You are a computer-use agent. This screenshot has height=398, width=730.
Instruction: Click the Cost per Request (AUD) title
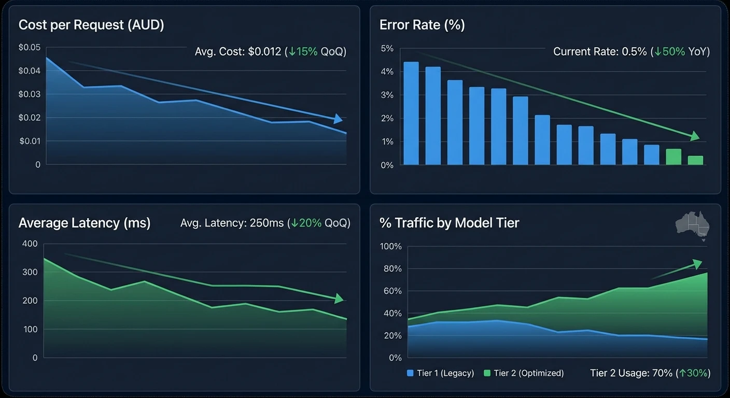click(91, 25)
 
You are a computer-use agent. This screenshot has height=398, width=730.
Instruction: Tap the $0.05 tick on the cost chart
click(29, 48)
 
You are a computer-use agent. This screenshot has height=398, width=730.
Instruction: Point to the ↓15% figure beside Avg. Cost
click(303, 52)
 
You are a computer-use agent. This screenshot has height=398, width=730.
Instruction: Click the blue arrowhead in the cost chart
click(338, 119)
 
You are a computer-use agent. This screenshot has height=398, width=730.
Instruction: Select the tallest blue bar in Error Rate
click(411, 113)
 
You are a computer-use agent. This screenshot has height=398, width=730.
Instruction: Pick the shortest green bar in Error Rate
click(695, 160)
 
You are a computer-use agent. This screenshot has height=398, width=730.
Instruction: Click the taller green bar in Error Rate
click(673, 157)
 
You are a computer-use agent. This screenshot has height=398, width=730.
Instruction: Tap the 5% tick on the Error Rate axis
click(387, 49)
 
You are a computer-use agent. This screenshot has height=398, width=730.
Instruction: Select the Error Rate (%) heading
click(422, 25)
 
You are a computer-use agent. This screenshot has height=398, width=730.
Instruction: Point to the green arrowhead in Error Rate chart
click(695, 136)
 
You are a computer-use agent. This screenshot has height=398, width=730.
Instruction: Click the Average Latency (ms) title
click(85, 223)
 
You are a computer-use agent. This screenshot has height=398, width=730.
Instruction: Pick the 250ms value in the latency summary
click(267, 223)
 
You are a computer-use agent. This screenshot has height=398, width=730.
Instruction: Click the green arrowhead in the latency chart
click(339, 298)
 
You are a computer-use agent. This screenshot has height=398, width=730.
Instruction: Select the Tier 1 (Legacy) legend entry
click(441, 373)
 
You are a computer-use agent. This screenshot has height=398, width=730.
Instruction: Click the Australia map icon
click(693, 225)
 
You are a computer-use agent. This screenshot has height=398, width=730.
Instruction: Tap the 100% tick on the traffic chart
click(391, 247)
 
